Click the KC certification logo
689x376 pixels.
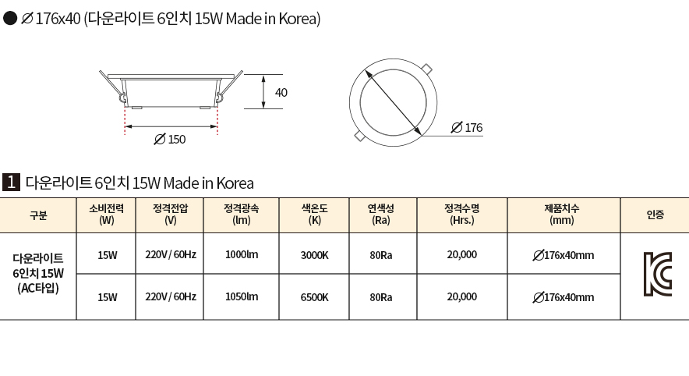click(658, 274)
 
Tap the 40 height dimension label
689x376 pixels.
click(281, 93)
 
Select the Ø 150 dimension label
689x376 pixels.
click(170, 140)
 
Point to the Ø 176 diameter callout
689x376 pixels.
click(467, 127)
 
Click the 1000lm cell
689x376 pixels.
click(242, 254)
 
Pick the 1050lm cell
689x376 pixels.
click(242, 297)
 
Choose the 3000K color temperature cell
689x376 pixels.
click(315, 255)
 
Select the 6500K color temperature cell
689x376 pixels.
click(315, 297)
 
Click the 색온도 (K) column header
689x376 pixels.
click(315, 215)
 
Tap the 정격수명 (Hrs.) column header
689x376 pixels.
click(462, 215)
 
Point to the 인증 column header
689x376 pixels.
click(655, 215)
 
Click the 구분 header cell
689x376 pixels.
click(38, 215)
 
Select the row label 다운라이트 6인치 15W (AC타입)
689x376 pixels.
click(38, 273)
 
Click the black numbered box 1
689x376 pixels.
click(11, 182)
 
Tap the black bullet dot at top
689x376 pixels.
click(9, 19)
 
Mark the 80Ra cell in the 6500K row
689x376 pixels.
click(381, 297)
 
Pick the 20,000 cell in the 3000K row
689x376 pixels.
click(462, 254)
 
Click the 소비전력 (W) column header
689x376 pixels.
click(106, 215)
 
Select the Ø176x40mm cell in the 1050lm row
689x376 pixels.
click(564, 297)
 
